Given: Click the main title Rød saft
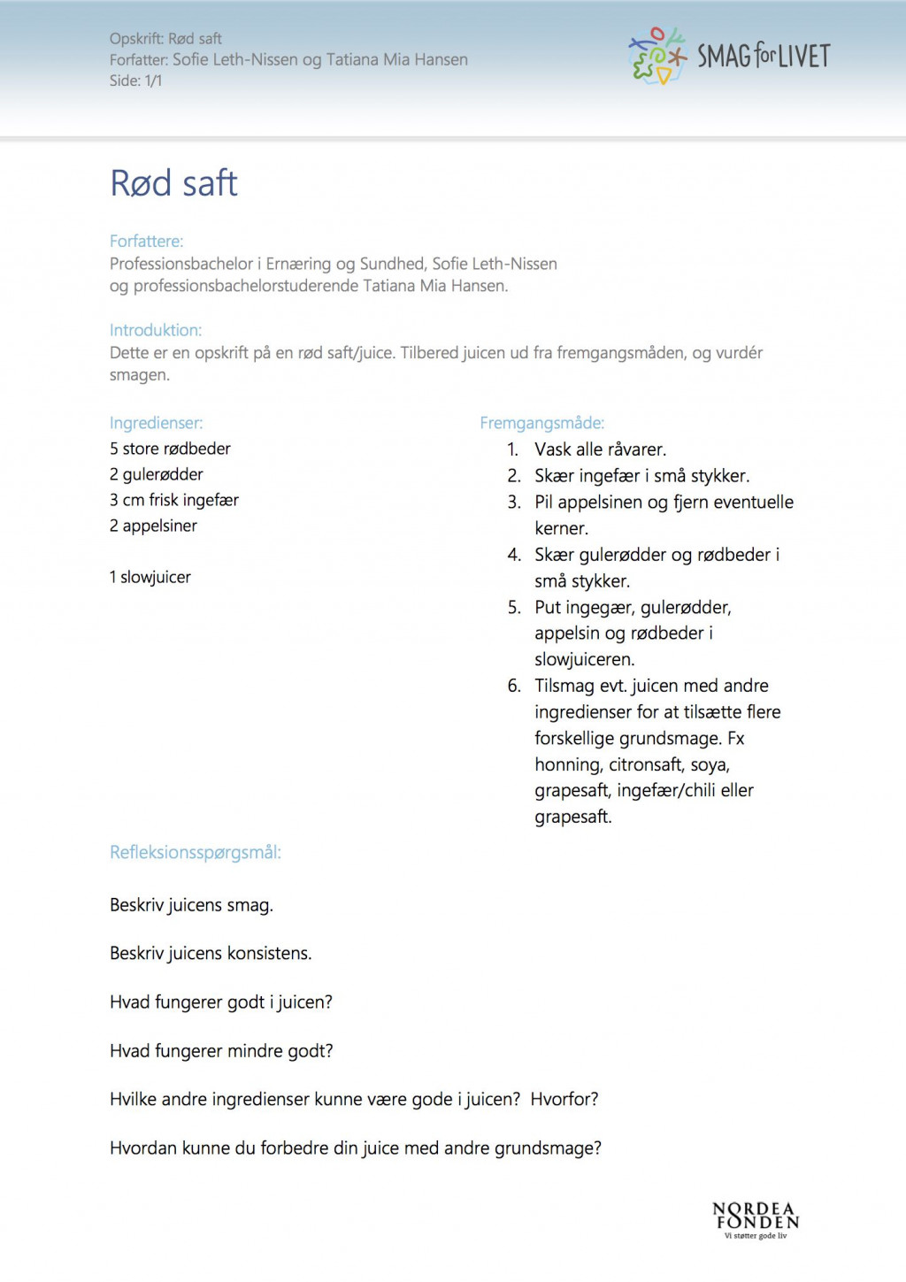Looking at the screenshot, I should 173,183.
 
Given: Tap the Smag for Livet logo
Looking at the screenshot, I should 729,56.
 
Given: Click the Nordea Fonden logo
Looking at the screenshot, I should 756,1219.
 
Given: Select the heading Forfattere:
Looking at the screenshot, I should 146,241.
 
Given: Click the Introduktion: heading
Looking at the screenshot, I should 156,330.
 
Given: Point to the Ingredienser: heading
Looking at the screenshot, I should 156,423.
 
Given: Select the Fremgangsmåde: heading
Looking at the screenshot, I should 541,423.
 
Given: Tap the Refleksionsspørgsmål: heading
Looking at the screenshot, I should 196,852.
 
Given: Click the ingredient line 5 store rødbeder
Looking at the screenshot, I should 170,449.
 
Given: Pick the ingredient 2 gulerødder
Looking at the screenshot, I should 157,474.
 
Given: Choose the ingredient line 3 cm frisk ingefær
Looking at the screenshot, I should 174,500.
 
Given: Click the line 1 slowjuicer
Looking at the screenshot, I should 150,577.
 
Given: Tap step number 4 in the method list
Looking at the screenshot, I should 514,555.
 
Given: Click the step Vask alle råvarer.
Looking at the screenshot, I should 600,449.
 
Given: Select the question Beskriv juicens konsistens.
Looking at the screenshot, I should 211,953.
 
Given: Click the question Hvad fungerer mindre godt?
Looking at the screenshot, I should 221,1050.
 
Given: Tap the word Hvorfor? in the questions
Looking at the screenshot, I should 564,1099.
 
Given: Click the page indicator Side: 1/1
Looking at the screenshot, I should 135,81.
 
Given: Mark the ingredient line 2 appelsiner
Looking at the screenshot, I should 153,526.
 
